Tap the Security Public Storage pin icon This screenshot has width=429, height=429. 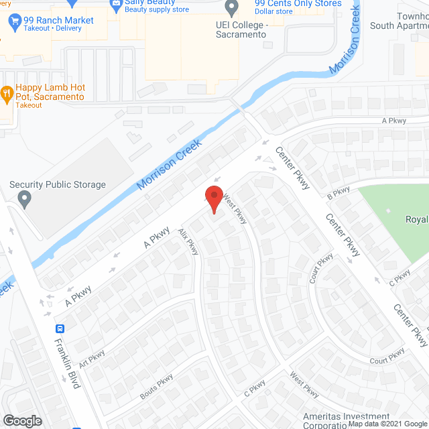click(25, 198)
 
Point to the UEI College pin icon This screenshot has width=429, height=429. click(232, 9)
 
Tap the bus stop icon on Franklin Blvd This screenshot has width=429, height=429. click(60, 328)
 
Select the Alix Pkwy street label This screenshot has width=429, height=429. click(188, 242)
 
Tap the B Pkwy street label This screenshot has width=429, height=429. click(339, 192)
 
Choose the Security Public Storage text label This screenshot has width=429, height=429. click(58, 185)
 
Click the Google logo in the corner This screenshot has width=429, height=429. click(22, 420)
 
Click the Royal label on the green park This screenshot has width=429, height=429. click(416, 219)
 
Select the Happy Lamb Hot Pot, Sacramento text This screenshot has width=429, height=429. click(51, 92)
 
